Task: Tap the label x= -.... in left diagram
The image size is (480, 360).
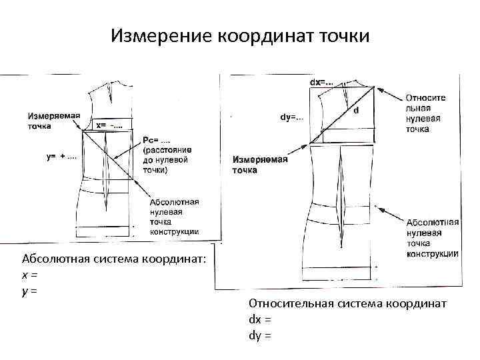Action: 109,124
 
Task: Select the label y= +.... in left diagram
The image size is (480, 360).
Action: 61,157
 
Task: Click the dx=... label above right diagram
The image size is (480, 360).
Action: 322,82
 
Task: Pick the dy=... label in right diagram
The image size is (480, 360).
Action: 291,117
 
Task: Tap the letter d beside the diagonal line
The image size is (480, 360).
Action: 356,110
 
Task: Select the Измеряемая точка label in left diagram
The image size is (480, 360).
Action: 54,120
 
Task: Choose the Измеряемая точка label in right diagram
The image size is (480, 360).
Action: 260,165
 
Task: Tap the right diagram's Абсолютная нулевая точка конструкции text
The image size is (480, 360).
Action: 431,237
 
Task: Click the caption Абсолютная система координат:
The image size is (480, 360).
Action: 115,259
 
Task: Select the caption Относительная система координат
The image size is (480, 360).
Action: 347,304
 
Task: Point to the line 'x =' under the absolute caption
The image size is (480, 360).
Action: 29,275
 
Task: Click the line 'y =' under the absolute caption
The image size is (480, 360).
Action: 29,291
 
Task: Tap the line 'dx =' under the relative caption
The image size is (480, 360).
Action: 260,320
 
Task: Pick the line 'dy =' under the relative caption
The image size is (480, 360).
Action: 260,335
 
